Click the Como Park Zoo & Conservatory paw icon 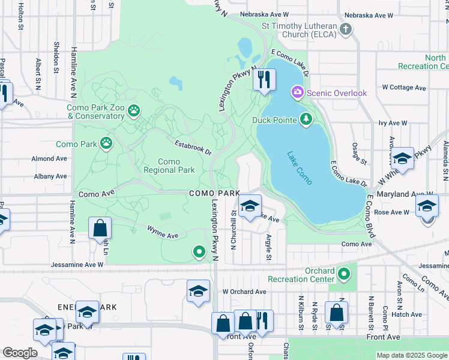click(x=133, y=110)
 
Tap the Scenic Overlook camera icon click(x=297, y=92)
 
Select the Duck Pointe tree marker click(x=307, y=119)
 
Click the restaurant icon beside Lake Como click(x=264, y=79)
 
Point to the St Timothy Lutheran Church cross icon click(x=345, y=29)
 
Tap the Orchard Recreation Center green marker click(x=344, y=274)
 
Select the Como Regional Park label click(x=169, y=166)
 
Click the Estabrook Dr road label click(x=193, y=148)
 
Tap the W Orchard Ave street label click(x=244, y=292)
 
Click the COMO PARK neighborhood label click(x=214, y=193)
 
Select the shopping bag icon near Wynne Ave click(x=100, y=229)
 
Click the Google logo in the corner click(x=20, y=353)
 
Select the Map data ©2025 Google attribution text click(x=411, y=355)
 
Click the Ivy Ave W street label click(x=393, y=123)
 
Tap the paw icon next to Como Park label click(x=107, y=143)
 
